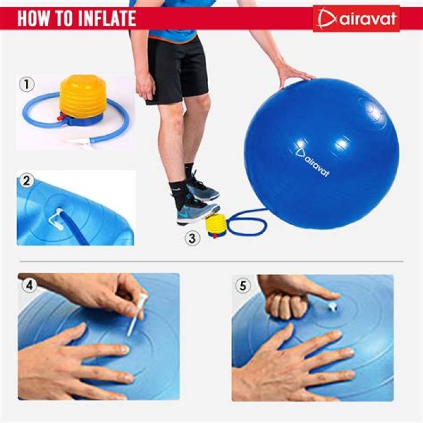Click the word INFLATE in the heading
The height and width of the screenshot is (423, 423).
coord(101,18)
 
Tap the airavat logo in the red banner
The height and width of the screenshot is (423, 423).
coord(357,19)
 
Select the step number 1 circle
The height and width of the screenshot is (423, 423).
coord(25,84)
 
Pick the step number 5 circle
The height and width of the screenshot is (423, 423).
coord(242,286)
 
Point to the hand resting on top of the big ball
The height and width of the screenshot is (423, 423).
coord(292,73)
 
